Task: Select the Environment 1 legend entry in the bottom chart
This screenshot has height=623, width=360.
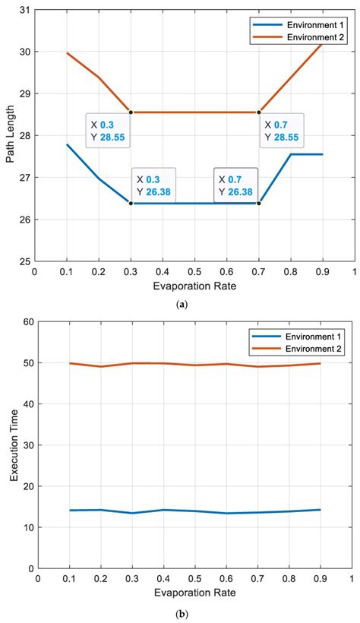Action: click(307, 336)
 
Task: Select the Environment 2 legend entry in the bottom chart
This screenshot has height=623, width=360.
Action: click(307, 347)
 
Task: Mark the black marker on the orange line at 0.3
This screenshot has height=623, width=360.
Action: click(131, 112)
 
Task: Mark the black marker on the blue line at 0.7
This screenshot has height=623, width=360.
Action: click(259, 203)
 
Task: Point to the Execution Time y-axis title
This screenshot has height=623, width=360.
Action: click(13, 445)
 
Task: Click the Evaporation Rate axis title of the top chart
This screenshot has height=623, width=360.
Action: click(194, 286)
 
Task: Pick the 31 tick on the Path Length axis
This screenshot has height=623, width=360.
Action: click(24, 10)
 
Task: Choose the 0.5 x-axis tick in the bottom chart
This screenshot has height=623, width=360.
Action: click(194, 579)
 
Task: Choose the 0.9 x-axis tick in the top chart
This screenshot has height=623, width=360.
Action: click(323, 271)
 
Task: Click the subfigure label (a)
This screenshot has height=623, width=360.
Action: click(182, 303)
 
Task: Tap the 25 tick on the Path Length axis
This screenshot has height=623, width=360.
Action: click(24, 261)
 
